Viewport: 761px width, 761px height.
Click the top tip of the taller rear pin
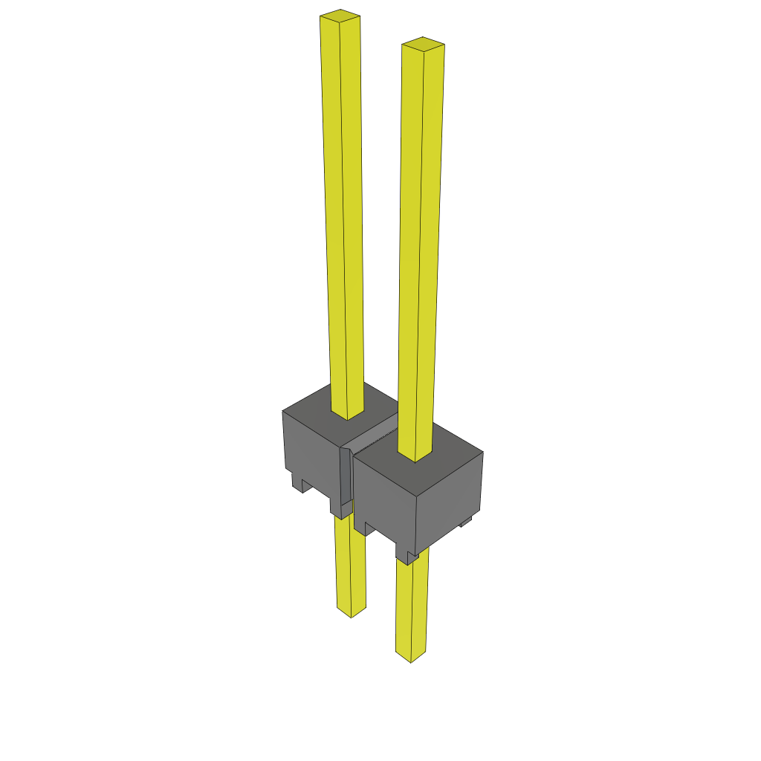coord(340,14)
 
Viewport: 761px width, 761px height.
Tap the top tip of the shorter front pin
coord(423,43)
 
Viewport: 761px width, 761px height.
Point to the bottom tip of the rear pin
coord(351,612)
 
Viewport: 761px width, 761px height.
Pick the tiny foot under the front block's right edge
coord(466,522)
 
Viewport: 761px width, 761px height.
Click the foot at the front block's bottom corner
coord(407,557)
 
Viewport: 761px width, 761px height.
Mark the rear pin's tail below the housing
coord(350,565)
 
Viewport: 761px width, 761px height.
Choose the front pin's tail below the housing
coord(411,609)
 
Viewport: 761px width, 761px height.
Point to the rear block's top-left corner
coord(284,411)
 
